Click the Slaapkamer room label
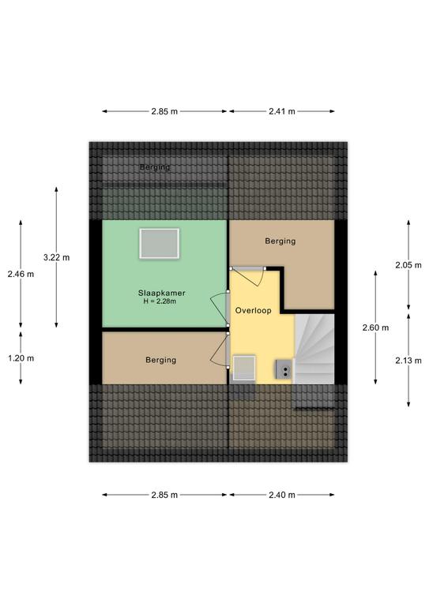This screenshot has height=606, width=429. tap(162, 293)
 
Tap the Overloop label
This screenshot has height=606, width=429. tap(254, 310)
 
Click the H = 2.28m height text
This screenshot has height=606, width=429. tap(160, 301)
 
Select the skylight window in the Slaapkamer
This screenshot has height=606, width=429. tap(160, 244)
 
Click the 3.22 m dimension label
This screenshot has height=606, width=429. tap(56, 257)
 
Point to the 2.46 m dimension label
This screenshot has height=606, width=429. tap(21, 274)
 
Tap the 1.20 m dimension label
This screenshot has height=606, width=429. tap(21, 358)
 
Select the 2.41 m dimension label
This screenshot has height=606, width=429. tap(282, 111)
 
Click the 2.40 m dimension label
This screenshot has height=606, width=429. tap(282, 495)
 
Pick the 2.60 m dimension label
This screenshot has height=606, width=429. tap(375, 327)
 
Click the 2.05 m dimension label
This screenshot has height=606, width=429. tap(408, 265)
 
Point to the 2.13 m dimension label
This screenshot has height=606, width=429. tap(408, 361)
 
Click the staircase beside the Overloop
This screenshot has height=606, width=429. tap(314, 349)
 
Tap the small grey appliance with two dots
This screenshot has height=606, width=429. tap(284, 369)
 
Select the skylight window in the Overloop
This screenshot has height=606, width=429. tap(244, 368)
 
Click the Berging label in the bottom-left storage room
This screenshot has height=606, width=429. tap(161, 360)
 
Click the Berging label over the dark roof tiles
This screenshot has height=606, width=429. tap(155, 167)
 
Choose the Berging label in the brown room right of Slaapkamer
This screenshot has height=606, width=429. tap(280, 241)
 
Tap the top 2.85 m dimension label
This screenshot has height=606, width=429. tap(164, 111)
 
